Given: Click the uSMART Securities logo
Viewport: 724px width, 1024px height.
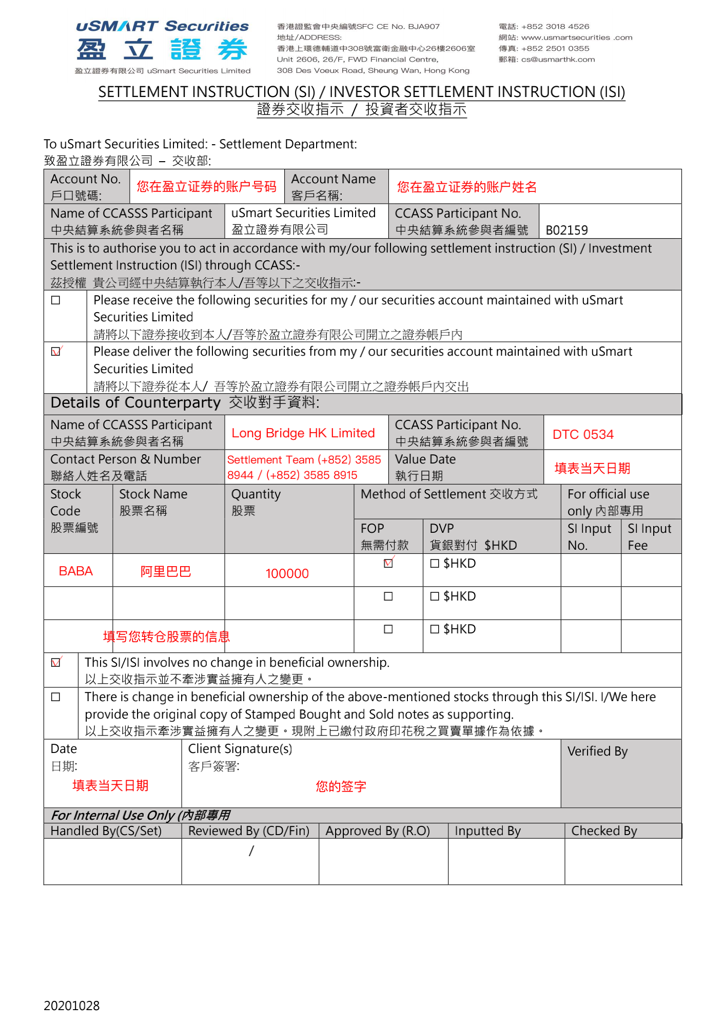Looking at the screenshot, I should tap(162, 47).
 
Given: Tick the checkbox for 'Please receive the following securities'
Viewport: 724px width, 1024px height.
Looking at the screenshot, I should tap(56, 300).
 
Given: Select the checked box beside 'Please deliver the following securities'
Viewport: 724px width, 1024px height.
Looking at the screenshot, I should tap(56, 352).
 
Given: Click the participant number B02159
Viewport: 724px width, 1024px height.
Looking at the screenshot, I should tap(566, 230).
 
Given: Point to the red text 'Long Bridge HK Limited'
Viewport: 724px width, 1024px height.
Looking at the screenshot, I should tap(303, 433).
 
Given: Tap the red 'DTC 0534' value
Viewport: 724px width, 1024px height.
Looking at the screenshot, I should tap(583, 434).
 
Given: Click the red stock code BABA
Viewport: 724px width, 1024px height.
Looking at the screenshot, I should tap(76, 571).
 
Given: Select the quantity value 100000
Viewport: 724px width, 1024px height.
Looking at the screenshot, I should tap(287, 573).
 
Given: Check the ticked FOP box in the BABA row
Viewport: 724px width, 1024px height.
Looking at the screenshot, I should tap(388, 563).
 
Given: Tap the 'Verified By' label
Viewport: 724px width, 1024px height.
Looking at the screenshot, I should tap(597, 751).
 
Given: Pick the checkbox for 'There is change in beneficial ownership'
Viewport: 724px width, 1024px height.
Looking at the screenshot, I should tap(56, 697).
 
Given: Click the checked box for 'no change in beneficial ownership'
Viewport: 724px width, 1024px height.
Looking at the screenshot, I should tap(56, 663).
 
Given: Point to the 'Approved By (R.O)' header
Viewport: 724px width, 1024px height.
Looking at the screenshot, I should tap(378, 831).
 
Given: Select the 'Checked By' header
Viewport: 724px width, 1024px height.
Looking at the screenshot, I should tap(604, 831).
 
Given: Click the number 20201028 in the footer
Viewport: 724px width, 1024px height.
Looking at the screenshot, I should tap(72, 1006).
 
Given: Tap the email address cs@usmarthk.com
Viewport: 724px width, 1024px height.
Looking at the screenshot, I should tap(558, 60).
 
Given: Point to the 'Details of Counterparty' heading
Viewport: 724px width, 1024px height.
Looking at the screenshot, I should tap(135, 403).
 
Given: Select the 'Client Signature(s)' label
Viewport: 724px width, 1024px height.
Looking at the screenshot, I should tap(240, 749).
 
